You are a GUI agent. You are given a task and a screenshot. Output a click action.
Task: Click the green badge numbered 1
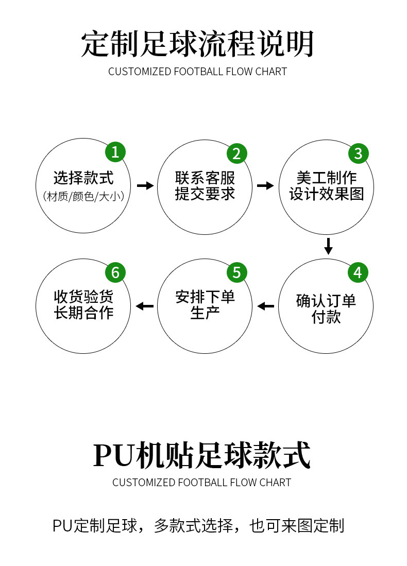115,152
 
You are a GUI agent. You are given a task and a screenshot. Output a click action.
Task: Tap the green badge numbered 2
236,153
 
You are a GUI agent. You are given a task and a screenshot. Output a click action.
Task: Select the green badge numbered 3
358,153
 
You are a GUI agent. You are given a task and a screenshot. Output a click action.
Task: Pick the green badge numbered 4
358,273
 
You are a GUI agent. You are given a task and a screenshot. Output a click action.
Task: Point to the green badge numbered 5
236,272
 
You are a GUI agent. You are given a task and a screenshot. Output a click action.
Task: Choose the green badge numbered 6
115,272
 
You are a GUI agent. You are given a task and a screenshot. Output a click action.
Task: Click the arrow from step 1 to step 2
145,185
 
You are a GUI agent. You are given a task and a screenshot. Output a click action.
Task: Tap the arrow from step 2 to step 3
266,185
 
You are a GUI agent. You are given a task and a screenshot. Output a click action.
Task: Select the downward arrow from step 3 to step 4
328,246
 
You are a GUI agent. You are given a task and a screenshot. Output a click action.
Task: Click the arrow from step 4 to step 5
266,306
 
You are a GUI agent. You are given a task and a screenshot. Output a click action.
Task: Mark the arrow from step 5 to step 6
145,306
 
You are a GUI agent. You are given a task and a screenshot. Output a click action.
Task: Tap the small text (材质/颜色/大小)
83,196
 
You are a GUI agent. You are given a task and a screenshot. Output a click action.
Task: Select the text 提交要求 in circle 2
205,194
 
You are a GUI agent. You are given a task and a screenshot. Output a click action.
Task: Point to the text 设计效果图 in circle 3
327,194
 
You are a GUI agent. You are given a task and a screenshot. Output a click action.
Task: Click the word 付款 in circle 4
326,317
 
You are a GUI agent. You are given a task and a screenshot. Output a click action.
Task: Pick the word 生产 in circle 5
205,313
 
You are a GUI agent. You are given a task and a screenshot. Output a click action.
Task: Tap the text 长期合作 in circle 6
83,313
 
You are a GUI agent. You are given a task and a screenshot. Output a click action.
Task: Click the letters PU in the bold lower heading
113,455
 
